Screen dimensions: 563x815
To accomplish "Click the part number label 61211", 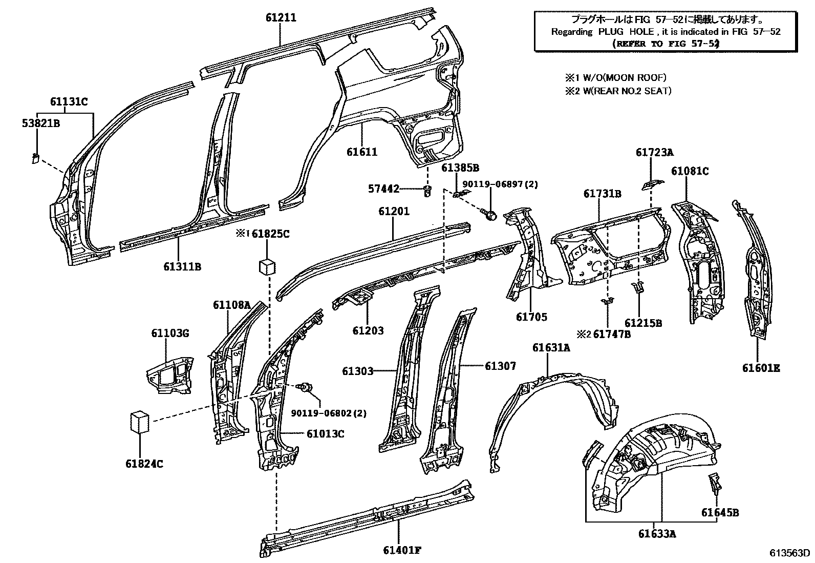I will pos(281,18).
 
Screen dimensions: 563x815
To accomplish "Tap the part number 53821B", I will pos(40,123).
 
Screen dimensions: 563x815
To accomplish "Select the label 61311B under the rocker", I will pos(182,267).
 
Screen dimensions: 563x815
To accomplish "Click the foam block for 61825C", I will pos(266,266).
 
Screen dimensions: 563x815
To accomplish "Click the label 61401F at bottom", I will pos(402,551).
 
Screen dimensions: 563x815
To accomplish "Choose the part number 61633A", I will pos(657,534).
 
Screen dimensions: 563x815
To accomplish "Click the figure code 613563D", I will pos(789,553).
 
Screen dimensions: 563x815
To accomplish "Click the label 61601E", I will pos(761,368).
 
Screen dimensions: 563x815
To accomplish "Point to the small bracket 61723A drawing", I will pos(651,183).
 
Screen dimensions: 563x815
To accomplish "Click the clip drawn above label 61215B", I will pos(637,287).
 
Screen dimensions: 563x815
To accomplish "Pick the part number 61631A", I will pos(551,348).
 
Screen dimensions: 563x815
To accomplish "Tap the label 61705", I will pos(531,317).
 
